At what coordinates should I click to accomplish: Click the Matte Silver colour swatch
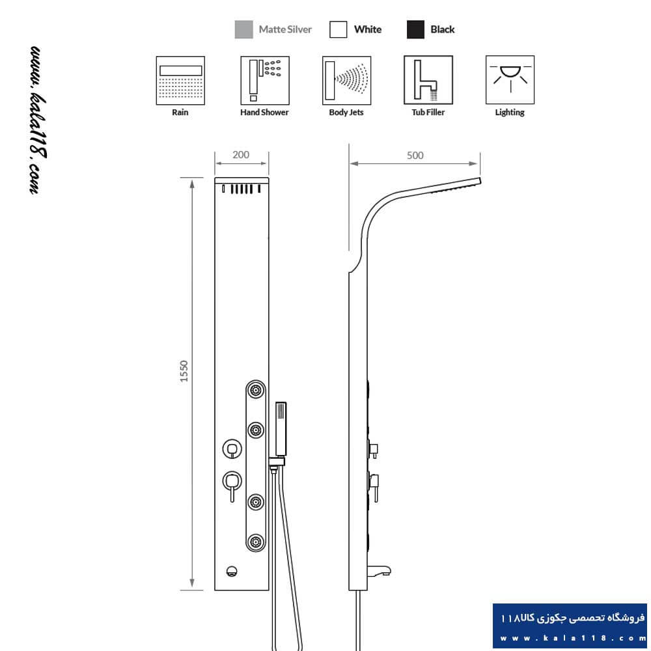(x=243, y=29)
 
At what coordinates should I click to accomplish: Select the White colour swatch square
(x=338, y=29)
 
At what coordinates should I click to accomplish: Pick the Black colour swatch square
(x=415, y=29)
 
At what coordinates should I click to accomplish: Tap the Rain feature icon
(x=180, y=81)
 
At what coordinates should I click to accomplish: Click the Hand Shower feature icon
(x=265, y=81)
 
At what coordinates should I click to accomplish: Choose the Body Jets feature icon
(x=347, y=81)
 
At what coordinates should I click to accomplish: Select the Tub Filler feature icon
(x=428, y=80)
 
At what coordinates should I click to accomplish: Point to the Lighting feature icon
(x=510, y=80)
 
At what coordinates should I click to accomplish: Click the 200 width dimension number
(x=241, y=155)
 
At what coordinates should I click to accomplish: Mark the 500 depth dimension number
(x=415, y=156)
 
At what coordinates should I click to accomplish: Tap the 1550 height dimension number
(x=184, y=371)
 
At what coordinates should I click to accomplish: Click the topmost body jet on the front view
(x=256, y=390)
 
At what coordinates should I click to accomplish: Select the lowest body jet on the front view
(x=256, y=542)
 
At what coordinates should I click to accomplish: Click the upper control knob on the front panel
(x=232, y=449)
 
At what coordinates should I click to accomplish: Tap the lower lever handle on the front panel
(x=232, y=486)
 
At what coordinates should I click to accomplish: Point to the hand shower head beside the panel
(x=281, y=429)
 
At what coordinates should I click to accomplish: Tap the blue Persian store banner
(x=570, y=626)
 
